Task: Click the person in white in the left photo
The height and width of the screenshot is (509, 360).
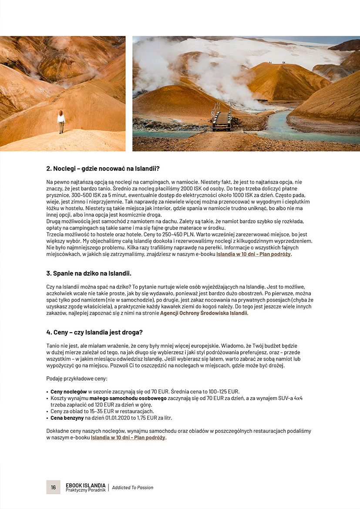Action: [x=61, y=121]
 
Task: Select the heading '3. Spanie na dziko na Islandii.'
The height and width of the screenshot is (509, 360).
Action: [x=89, y=273]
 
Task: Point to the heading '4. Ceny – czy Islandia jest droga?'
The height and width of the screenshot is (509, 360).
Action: [x=94, y=332]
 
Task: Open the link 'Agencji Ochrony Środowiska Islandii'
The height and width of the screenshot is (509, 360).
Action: [x=203, y=313]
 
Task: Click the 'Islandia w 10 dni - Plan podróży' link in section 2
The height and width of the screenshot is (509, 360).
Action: [x=253, y=254]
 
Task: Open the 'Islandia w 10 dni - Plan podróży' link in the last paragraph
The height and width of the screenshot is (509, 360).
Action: [x=128, y=437]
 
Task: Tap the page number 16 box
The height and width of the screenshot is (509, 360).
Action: [x=53, y=487]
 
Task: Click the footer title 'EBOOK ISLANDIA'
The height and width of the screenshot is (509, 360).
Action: [x=85, y=485]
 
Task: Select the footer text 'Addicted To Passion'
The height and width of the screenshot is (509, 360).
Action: [x=133, y=488]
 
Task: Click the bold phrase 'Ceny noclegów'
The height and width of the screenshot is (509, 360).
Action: [x=68, y=391]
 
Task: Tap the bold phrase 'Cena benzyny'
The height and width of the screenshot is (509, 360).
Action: [x=67, y=418]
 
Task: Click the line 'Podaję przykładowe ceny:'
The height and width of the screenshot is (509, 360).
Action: [x=77, y=378]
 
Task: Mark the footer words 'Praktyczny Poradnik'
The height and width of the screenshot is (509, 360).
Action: [x=86, y=490]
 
